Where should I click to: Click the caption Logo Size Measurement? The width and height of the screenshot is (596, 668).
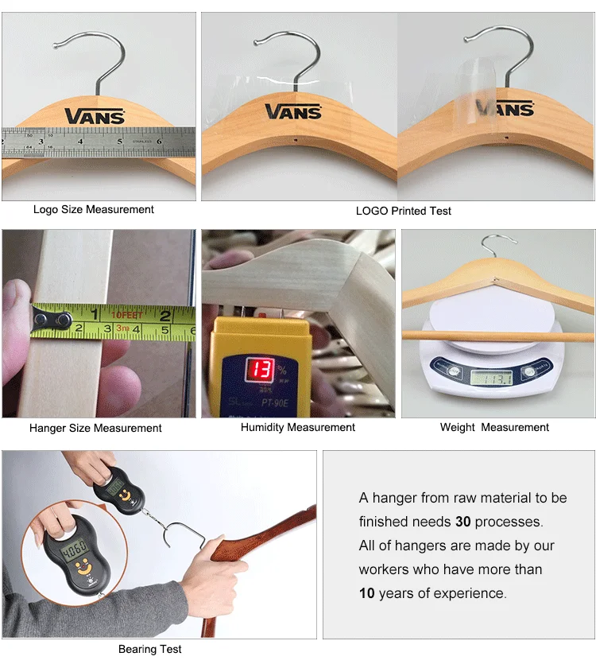[94, 210]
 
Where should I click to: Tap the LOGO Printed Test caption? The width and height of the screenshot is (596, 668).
[403, 211]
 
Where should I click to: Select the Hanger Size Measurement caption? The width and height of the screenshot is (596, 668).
[95, 428]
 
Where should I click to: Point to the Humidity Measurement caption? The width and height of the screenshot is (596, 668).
[298, 428]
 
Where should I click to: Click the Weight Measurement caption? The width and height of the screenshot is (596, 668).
[494, 428]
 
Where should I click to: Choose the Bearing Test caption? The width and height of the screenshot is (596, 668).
[150, 649]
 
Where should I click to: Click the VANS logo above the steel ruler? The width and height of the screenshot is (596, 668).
[95, 116]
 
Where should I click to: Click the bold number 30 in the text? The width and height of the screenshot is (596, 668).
[463, 522]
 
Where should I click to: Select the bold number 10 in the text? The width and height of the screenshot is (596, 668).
[366, 594]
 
